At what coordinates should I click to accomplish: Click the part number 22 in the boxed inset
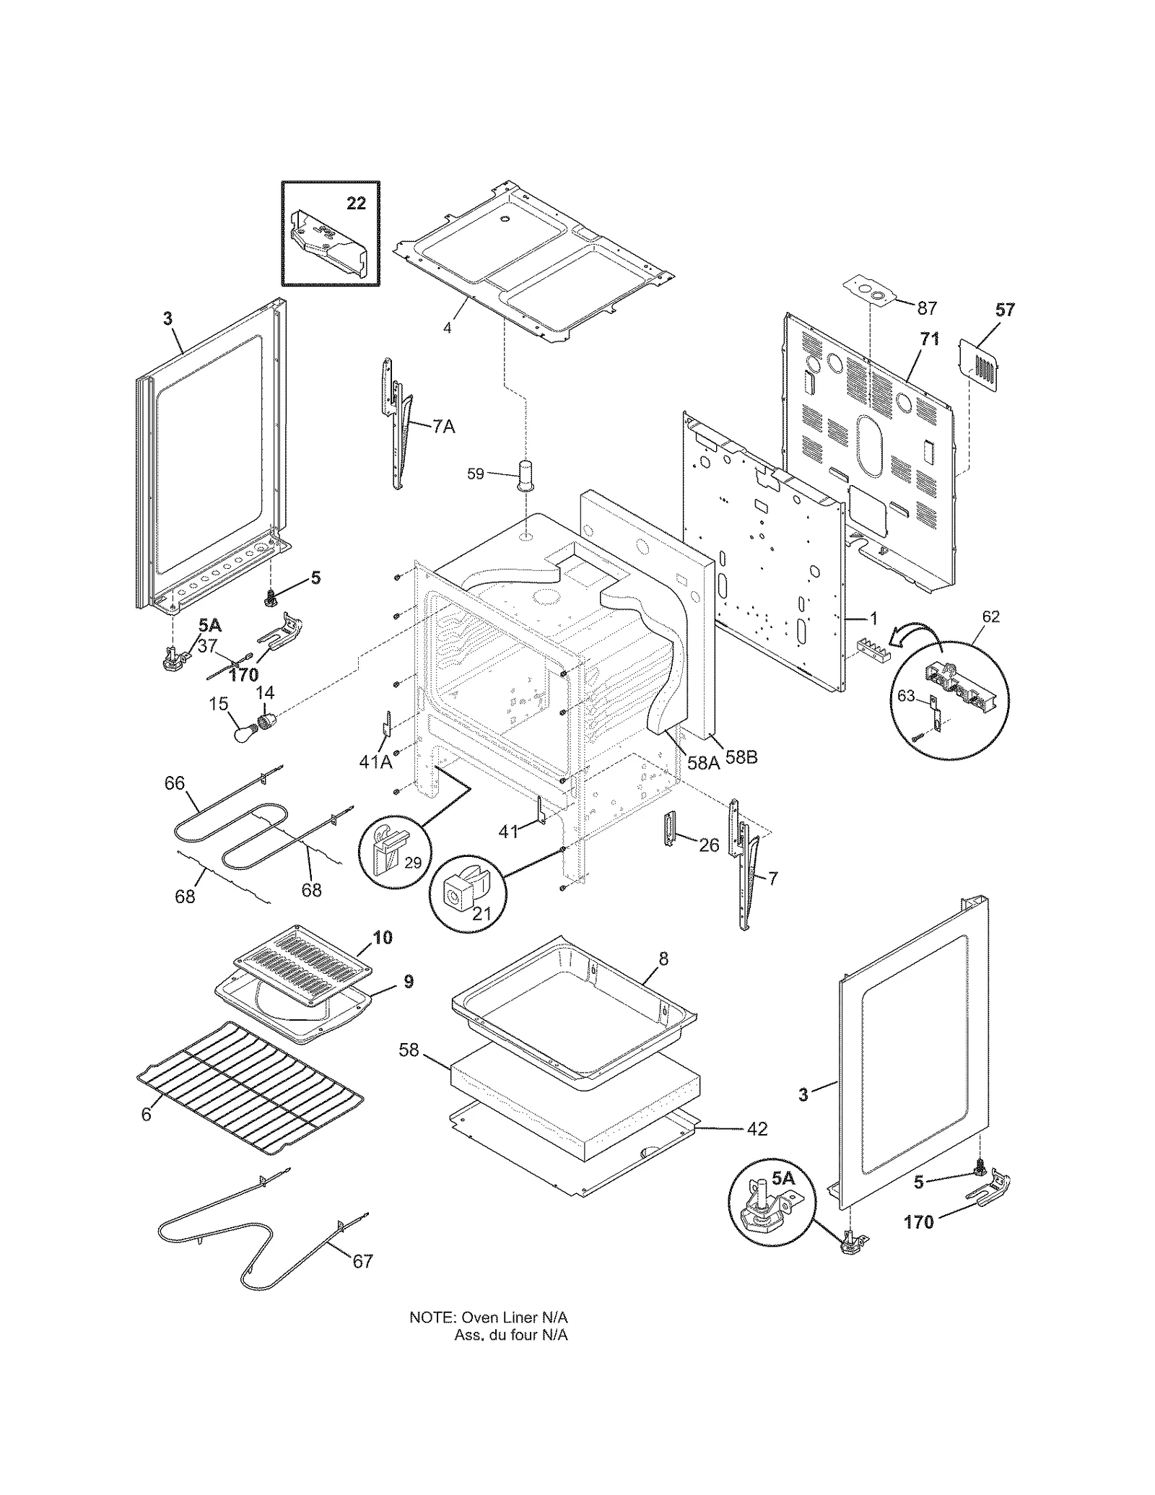(x=356, y=204)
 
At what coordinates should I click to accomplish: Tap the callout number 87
(x=926, y=308)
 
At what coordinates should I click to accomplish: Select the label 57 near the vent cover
(x=1005, y=310)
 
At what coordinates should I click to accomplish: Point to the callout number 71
(x=930, y=339)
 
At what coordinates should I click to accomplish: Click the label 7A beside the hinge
(x=444, y=427)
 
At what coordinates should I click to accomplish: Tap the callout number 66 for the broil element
(x=175, y=783)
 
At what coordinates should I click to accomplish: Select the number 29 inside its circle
(x=412, y=863)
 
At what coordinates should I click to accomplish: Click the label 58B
(x=741, y=758)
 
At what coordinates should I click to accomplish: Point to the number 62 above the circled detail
(x=991, y=616)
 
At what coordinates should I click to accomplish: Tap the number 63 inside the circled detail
(x=906, y=696)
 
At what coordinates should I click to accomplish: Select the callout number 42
(x=757, y=1128)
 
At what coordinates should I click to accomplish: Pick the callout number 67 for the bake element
(x=362, y=1260)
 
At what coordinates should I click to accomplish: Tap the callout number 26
(x=709, y=845)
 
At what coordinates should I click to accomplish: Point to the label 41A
(x=375, y=761)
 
